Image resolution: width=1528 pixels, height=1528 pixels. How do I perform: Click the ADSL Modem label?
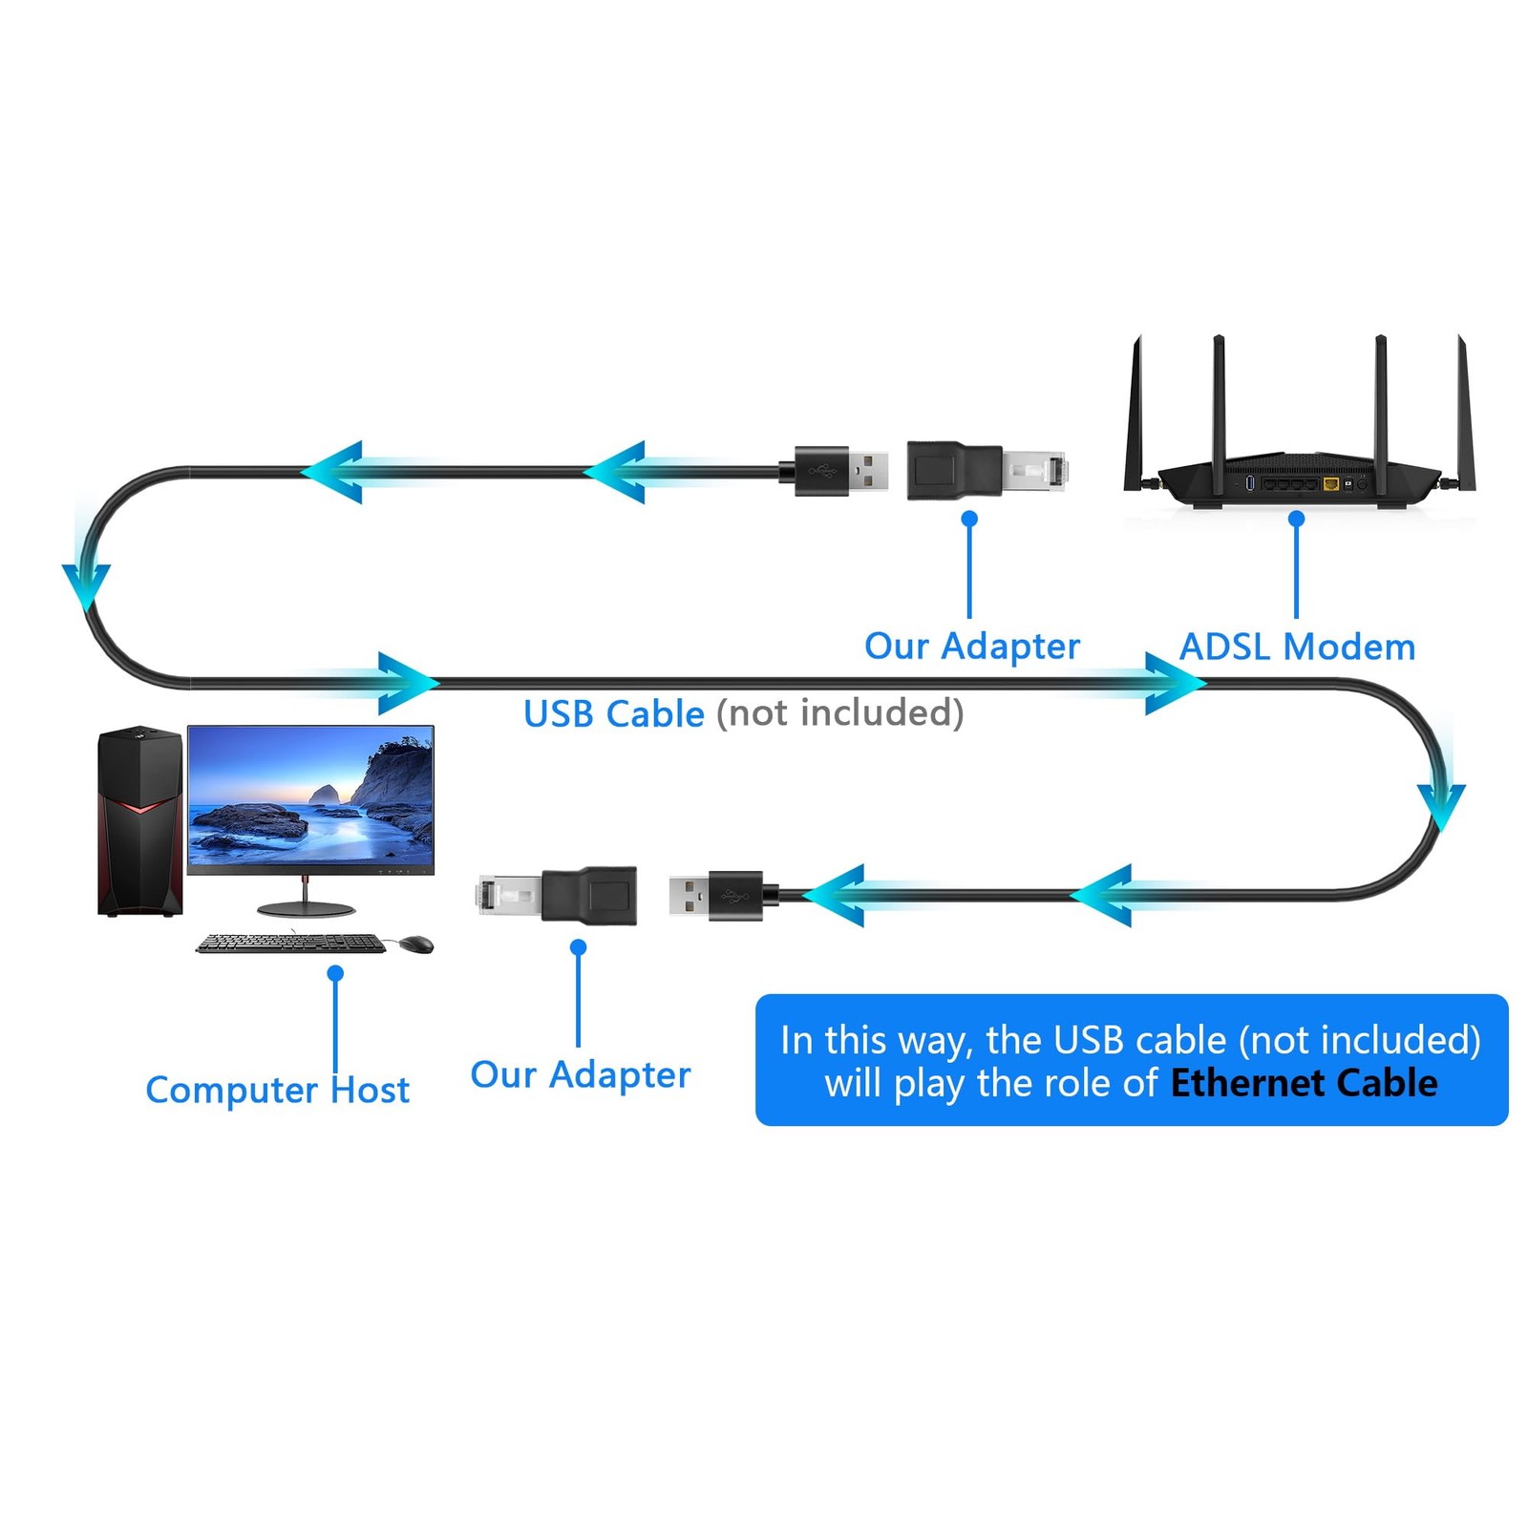coord(1297,647)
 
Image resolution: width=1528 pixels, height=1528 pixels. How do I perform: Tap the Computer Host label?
coord(277,1090)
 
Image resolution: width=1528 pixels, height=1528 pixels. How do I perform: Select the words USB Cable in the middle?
coord(614,713)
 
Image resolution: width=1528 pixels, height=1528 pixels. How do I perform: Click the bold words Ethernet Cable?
coord(1304,1083)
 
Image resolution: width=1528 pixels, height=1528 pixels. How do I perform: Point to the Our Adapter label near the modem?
coord(972,647)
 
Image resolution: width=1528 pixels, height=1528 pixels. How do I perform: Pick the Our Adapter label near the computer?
coord(581,1075)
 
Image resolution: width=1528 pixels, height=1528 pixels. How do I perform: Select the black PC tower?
coord(139,820)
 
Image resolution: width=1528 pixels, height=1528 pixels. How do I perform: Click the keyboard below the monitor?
coord(291,944)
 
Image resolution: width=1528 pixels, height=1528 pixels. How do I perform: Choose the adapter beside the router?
coord(987,471)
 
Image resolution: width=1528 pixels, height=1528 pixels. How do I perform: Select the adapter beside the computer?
coord(557,896)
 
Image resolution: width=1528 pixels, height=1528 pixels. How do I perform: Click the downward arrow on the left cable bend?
coord(86,584)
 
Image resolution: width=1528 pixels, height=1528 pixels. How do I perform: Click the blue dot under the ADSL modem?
coord(1296,519)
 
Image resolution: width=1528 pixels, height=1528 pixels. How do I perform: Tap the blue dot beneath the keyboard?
coord(335,973)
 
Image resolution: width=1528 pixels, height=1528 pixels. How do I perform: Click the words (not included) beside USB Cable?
coord(840,713)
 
